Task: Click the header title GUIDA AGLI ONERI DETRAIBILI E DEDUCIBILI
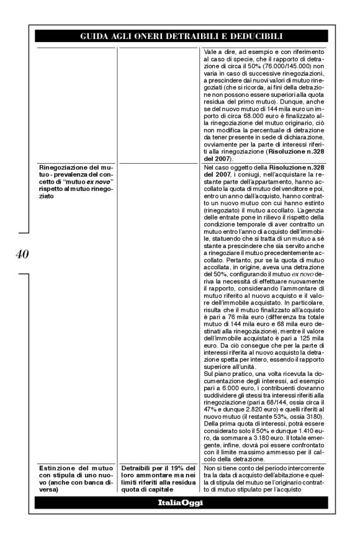(x=181, y=36)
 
